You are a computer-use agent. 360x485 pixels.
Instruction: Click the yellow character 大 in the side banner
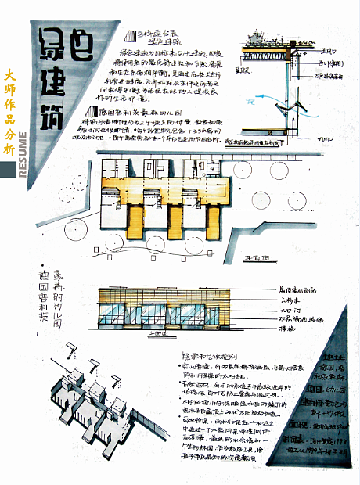(9, 76)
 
